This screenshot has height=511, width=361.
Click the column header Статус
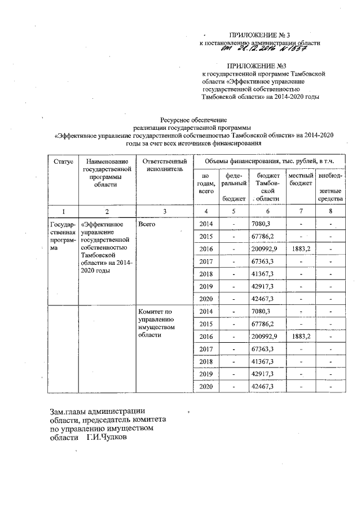[63, 161]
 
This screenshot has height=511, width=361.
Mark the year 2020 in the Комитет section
[206, 386]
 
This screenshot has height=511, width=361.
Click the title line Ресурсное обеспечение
[193, 120]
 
